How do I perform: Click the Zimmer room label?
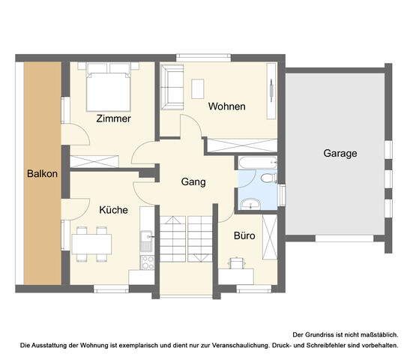(x=114, y=118)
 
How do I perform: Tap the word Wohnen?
(x=227, y=106)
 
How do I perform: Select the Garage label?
(x=340, y=153)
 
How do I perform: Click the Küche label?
(x=113, y=210)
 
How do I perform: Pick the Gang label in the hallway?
(x=193, y=181)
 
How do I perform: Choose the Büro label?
(x=245, y=235)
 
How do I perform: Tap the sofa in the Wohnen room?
(x=172, y=86)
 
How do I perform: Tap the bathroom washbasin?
(x=250, y=202)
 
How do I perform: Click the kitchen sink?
(x=145, y=241)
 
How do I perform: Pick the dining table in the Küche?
(x=91, y=243)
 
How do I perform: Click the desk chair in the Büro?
(x=238, y=262)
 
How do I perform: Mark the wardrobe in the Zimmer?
(x=94, y=160)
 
